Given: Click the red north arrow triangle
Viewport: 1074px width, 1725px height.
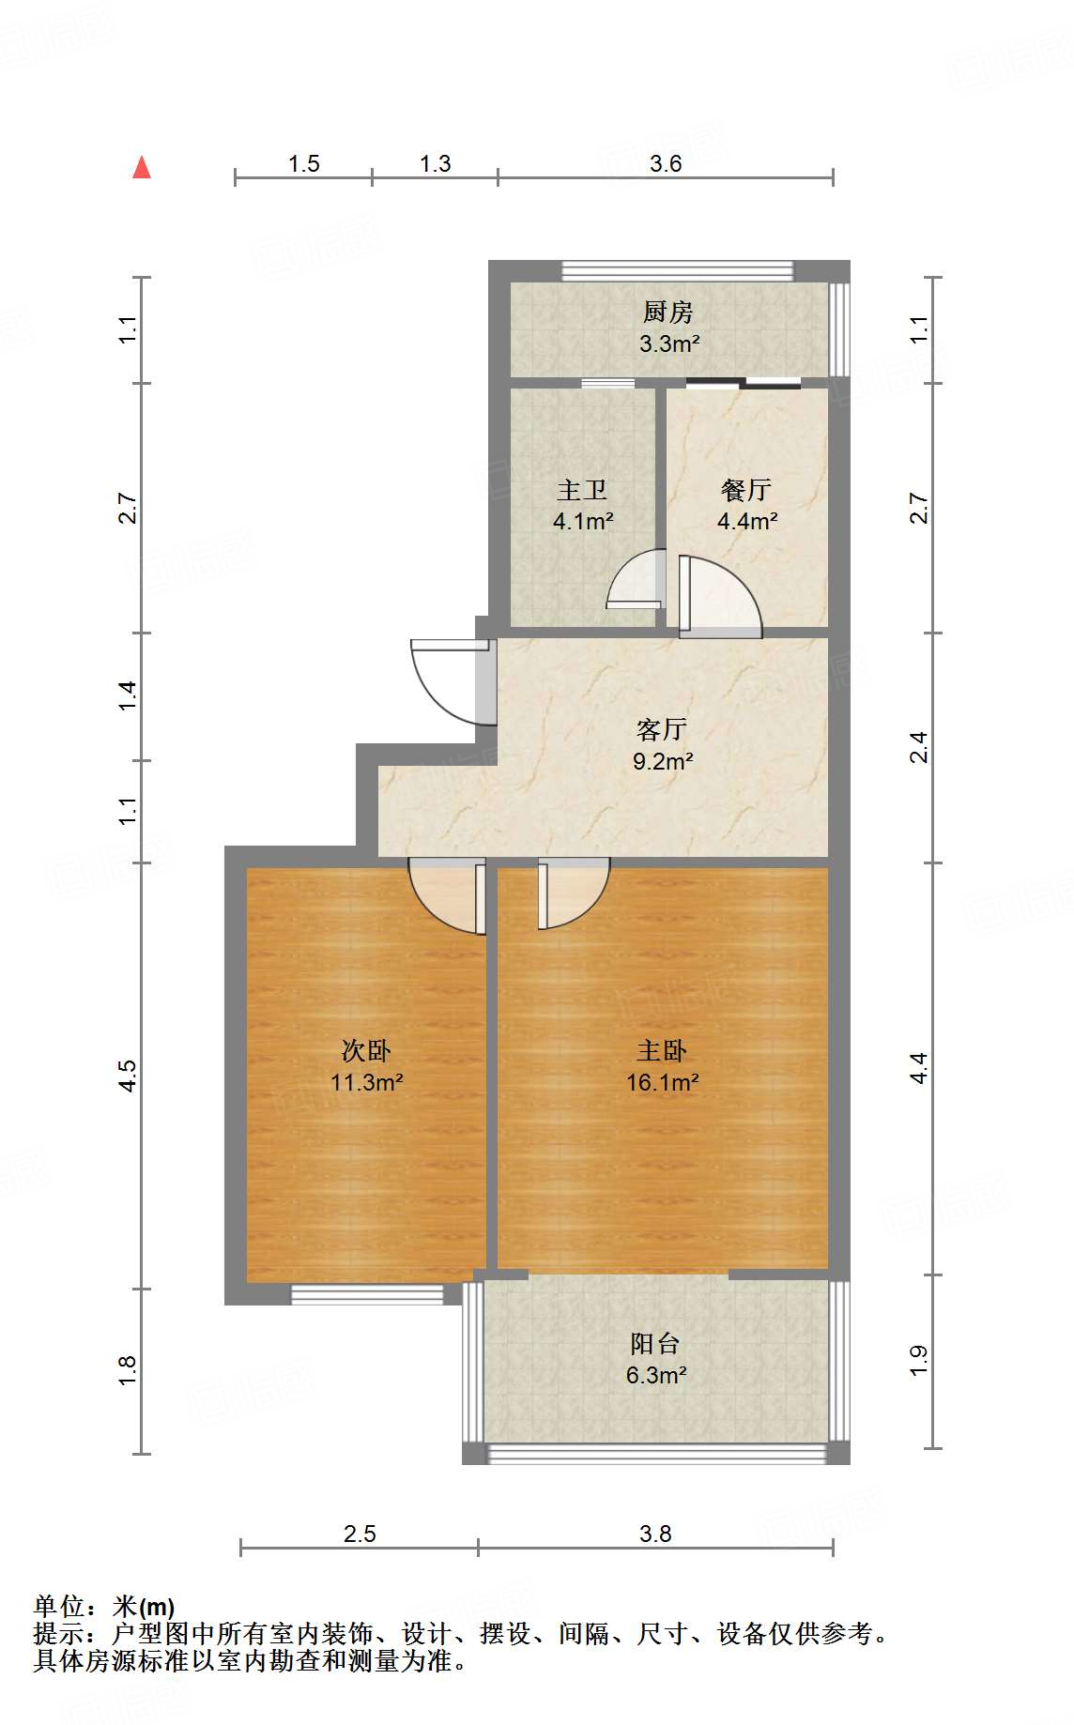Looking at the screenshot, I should point(142,167).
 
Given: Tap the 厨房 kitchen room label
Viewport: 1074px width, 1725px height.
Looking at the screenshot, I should point(668,312).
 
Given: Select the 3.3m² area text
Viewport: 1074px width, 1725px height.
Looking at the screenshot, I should point(669,343).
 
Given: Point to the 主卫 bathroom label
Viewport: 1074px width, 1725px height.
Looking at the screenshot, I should point(582,490).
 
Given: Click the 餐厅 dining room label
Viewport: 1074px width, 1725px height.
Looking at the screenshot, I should point(746,490).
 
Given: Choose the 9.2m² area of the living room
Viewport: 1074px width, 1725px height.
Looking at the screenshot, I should point(663,761).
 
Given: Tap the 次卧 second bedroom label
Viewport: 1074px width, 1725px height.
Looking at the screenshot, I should point(366,1050).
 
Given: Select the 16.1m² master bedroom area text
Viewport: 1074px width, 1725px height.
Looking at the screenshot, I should point(663,1082).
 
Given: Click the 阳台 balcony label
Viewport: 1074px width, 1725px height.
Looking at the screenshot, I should point(655,1344).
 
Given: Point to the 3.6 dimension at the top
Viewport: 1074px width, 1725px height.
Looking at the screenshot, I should point(666,164).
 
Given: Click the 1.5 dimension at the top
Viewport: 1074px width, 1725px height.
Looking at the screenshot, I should point(303,164).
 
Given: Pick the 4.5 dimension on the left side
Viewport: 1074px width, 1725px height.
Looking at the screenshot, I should point(128,1076).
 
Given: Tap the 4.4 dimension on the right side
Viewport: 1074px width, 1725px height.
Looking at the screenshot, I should point(919,1068).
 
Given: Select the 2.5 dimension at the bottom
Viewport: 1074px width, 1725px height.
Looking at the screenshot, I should point(360,1534).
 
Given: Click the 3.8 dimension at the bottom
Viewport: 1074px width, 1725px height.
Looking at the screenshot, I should point(655,1534).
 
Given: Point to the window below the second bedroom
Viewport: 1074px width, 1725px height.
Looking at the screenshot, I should point(367,1295).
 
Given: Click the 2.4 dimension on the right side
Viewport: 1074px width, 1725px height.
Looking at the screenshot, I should point(919,748).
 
